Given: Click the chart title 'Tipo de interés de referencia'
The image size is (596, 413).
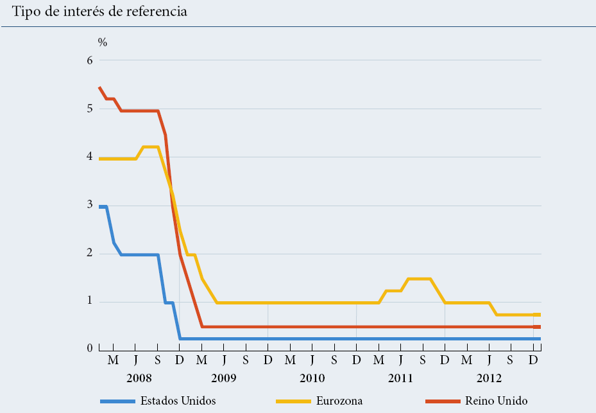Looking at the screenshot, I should (96, 12).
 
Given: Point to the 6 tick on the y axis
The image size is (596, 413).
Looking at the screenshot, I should (90, 61).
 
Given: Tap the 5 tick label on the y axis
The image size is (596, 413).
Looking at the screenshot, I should (90, 109).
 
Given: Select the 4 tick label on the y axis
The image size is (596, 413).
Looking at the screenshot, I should (90, 157).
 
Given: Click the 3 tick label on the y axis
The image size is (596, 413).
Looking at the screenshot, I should (90, 205).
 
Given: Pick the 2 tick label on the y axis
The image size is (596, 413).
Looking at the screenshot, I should (90, 253).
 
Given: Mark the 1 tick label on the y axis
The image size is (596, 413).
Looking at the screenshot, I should (90, 301).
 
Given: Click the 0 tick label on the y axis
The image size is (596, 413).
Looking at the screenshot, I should (90, 349).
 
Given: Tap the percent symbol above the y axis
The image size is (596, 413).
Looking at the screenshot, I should (103, 42).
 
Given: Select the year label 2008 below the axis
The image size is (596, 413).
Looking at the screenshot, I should (139, 378).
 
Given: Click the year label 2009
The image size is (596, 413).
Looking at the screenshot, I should (224, 378).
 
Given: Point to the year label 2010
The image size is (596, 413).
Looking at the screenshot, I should (312, 378).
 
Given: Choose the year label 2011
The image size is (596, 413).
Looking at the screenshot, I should (400, 378).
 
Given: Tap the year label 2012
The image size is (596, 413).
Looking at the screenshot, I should (489, 378).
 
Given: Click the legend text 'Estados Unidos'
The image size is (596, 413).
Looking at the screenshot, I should (178, 401).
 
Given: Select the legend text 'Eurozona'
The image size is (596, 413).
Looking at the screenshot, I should (339, 401).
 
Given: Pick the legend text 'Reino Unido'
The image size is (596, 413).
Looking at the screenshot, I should (496, 401).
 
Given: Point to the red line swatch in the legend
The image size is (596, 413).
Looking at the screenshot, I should (442, 401).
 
